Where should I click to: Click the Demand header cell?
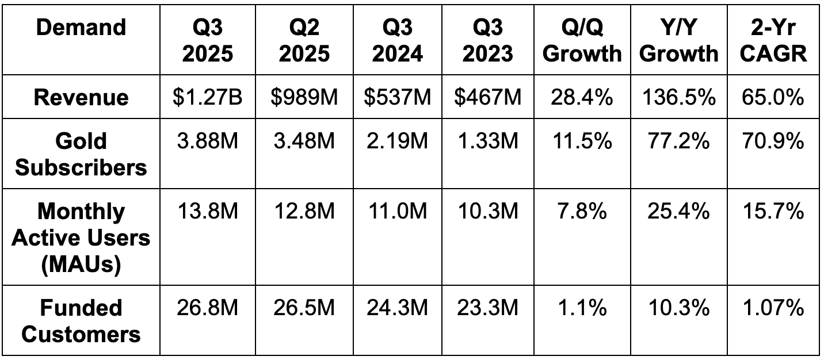[x=81, y=28]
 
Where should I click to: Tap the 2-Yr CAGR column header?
[x=773, y=40]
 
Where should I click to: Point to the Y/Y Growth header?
[x=679, y=40]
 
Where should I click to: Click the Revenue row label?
[x=81, y=97]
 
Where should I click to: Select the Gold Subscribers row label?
[x=81, y=154]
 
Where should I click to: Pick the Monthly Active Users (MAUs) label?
[x=81, y=238]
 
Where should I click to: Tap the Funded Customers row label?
[x=81, y=321]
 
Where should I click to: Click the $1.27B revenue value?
[x=208, y=97]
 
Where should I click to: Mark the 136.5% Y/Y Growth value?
[x=679, y=97]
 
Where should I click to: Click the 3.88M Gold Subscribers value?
[x=208, y=141]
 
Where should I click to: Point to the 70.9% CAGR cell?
[x=773, y=141]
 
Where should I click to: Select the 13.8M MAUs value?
[x=208, y=211]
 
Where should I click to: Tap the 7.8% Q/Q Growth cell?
[x=582, y=211]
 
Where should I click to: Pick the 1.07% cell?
[x=773, y=308]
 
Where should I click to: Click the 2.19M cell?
[x=396, y=141]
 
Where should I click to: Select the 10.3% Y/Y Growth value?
[x=679, y=308]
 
